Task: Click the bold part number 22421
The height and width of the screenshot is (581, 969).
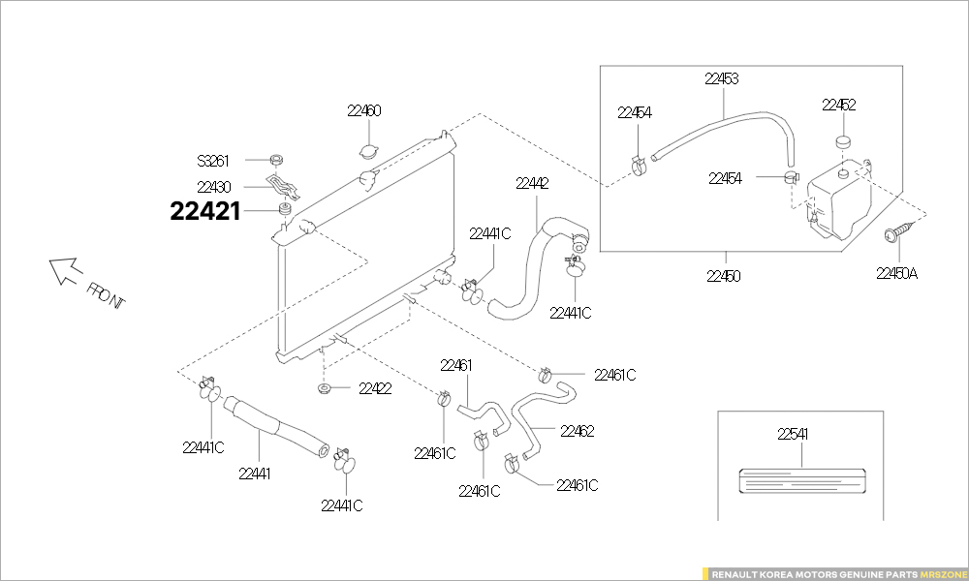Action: [x=204, y=211]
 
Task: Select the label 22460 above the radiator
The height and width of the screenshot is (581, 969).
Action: [x=363, y=111]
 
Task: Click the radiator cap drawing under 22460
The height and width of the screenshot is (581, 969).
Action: [x=368, y=152]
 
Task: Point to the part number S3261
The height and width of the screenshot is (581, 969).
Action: [x=214, y=160]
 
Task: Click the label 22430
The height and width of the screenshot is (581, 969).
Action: [x=213, y=186]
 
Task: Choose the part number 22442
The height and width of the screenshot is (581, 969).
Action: [x=532, y=182]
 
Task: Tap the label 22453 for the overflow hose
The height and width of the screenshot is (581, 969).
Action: [x=722, y=79]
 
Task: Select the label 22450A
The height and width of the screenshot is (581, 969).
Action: [x=896, y=274]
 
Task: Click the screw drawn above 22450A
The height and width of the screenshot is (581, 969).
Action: [x=898, y=232]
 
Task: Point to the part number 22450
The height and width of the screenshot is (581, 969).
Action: [x=723, y=276]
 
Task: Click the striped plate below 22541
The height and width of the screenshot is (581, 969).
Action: [x=800, y=481]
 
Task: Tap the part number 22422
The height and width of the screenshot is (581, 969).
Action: [x=375, y=389]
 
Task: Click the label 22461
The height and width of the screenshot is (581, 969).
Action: [x=455, y=365]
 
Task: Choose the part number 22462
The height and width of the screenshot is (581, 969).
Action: [x=577, y=431]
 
